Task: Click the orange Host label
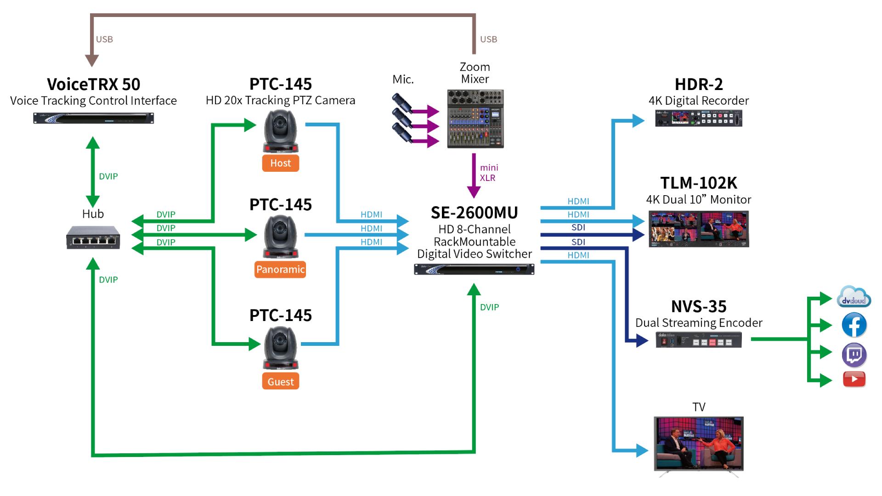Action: [280, 163]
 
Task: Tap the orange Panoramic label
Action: [280, 270]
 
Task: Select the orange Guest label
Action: [280, 382]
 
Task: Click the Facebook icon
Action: [854, 325]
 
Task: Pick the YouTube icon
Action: [854, 379]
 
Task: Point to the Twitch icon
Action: [854, 355]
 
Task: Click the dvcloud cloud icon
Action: [854, 297]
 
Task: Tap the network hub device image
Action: [93, 237]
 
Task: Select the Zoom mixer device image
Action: [475, 119]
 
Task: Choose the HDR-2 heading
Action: [698, 85]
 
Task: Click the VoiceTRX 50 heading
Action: [93, 85]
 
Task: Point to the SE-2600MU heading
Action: [474, 213]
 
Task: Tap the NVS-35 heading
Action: [698, 306]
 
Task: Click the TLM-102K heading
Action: [698, 183]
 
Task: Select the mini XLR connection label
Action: [489, 173]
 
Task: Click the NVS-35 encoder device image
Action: [698, 340]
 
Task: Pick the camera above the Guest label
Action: [280, 348]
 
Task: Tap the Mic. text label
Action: [403, 79]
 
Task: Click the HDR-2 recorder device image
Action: [698, 118]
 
